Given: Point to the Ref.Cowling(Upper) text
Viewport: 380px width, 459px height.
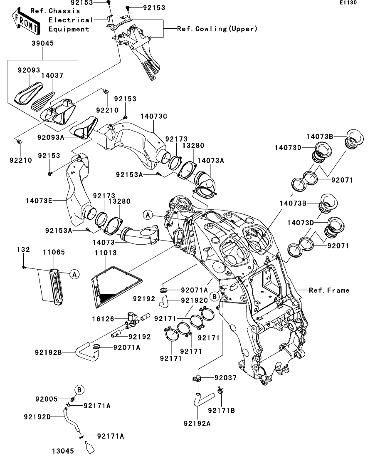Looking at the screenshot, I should [217, 29].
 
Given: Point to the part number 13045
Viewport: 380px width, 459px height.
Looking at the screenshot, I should [63, 451].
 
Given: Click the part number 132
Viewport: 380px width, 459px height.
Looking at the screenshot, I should [23, 250].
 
